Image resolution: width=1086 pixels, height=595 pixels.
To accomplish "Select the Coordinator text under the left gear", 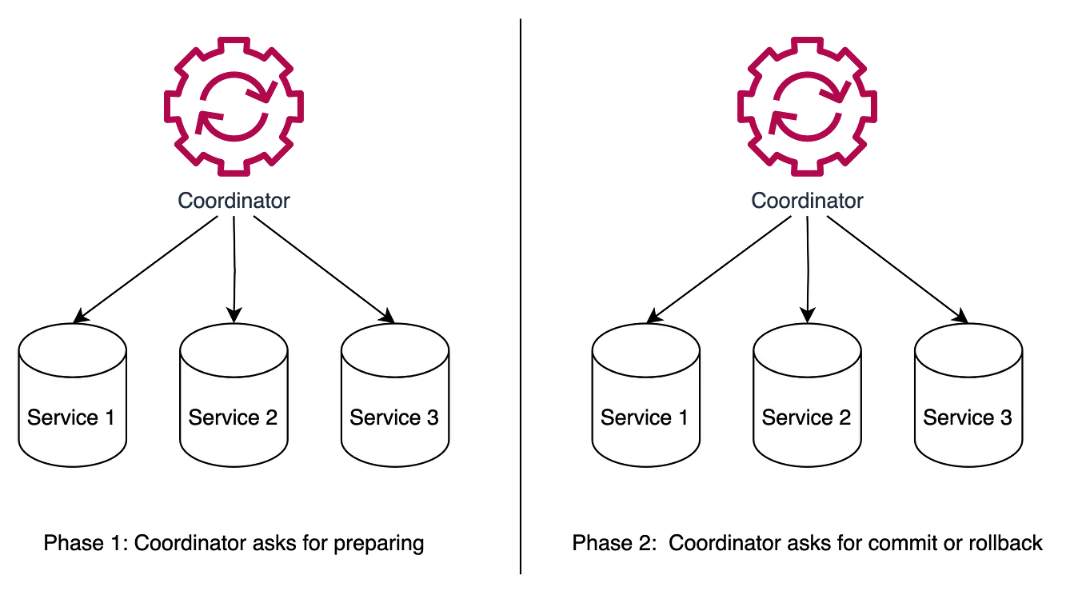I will pos(233,199).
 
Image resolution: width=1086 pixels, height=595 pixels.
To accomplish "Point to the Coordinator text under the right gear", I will pos(806,199).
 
